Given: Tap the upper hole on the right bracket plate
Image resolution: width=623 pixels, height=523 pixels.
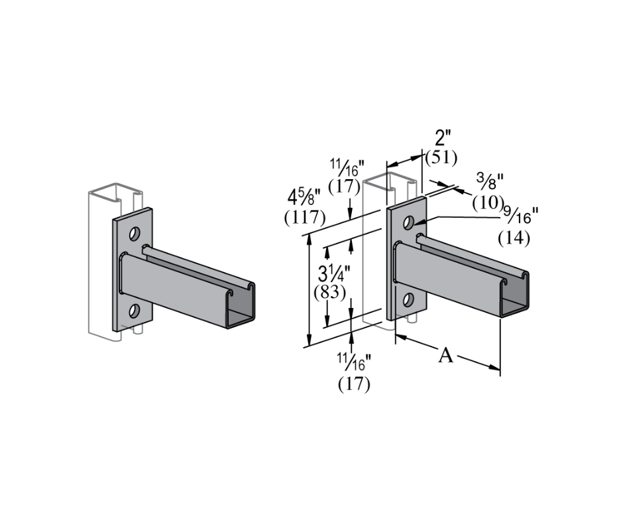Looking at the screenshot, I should (x=410, y=221).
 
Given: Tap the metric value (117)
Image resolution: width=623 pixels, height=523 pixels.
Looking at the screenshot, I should (x=304, y=217).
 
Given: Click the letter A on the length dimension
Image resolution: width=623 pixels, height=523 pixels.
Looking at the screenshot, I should (x=446, y=356).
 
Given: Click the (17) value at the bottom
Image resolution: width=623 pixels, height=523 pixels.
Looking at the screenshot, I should (x=354, y=384).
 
